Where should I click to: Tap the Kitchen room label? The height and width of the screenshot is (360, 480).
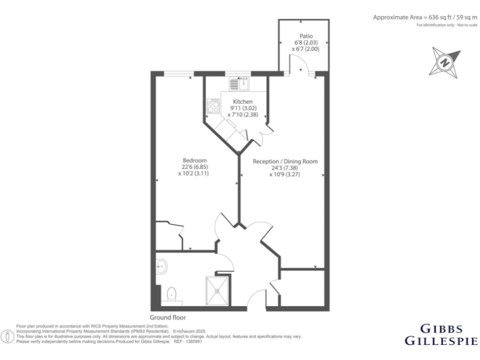click(242, 101)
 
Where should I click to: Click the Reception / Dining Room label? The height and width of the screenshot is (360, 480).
click(285, 161)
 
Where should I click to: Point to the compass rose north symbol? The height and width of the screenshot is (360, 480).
click(444, 62)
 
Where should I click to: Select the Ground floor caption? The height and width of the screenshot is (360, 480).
click(168, 317)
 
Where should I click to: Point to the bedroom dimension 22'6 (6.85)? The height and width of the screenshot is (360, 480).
click(193, 167)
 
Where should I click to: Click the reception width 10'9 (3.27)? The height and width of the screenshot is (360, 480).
click(285, 175)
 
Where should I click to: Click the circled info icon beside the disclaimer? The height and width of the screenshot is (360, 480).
click(7, 336)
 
